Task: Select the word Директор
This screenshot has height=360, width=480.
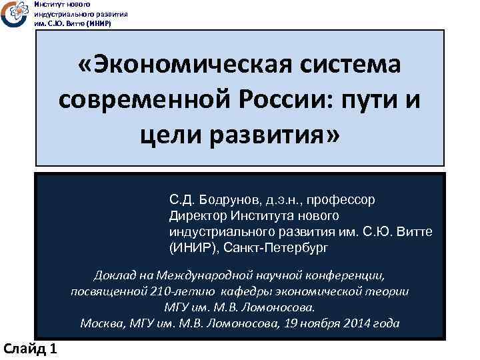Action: [x=198, y=215]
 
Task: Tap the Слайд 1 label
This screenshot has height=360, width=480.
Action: [x=30, y=348]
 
